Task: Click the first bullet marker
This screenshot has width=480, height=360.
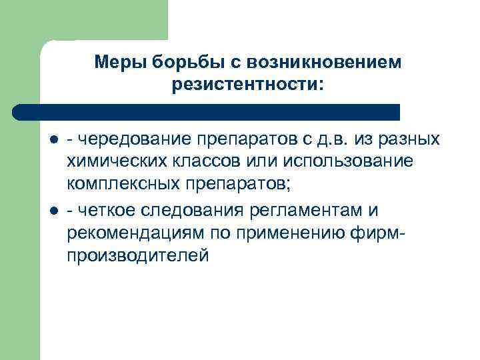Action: pyautogui.click(x=53, y=139)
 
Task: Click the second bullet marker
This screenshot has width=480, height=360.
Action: pyautogui.click(x=53, y=211)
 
